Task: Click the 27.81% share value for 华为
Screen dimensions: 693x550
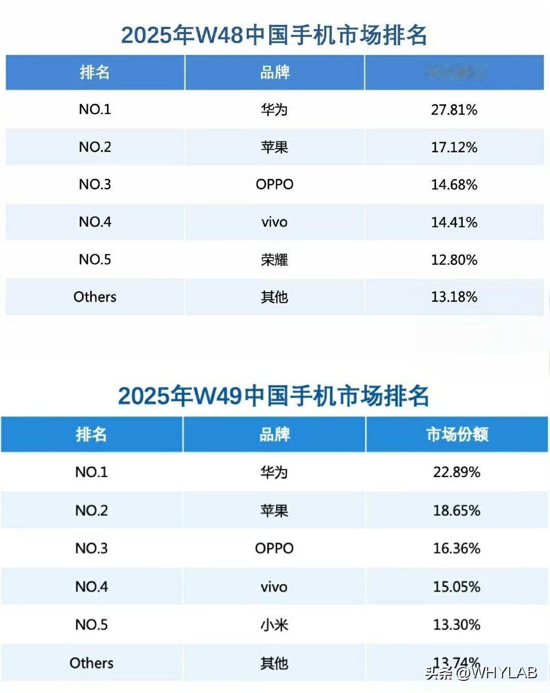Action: pos(454,109)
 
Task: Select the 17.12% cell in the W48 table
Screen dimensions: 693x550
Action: pos(454,147)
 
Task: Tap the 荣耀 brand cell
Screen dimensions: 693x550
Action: pos(274,260)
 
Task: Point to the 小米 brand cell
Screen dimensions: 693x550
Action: pos(274,625)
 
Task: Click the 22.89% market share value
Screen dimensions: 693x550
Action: pos(456,472)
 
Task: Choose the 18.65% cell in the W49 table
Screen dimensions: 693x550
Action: pos(456,510)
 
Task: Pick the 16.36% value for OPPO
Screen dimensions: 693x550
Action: pos(456,548)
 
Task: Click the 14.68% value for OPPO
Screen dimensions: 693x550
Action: pos(454,184)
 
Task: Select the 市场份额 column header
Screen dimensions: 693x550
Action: pos(457,434)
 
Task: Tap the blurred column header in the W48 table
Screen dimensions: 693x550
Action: pos(455,72)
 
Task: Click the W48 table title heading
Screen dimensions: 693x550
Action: pos(274,35)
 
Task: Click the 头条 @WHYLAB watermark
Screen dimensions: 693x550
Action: pos(481,673)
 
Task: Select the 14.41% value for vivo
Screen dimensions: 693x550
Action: pos(454,222)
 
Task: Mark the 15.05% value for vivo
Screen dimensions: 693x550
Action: pos(456,587)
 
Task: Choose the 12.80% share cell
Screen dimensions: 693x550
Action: pos(454,260)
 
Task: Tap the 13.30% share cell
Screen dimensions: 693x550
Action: pos(456,625)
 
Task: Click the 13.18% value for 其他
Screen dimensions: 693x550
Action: pos(454,297)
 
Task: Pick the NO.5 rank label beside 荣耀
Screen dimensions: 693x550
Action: pos(95,260)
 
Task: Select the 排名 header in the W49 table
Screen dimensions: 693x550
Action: pos(91,434)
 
